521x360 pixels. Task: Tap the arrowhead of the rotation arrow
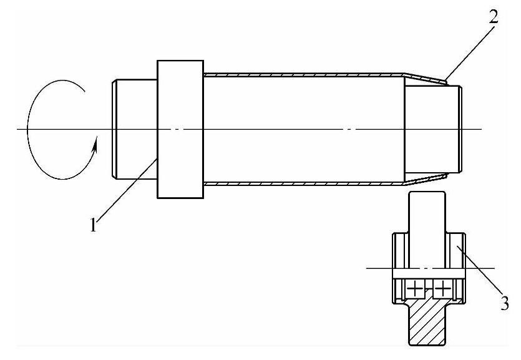coord(95,147)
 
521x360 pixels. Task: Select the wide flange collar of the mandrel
coord(180,129)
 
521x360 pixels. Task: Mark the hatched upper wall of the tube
coord(299,74)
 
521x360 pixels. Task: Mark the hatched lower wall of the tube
coord(299,184)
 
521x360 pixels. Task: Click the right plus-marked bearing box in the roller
coord(442,289)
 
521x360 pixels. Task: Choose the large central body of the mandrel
coord(299,129)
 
